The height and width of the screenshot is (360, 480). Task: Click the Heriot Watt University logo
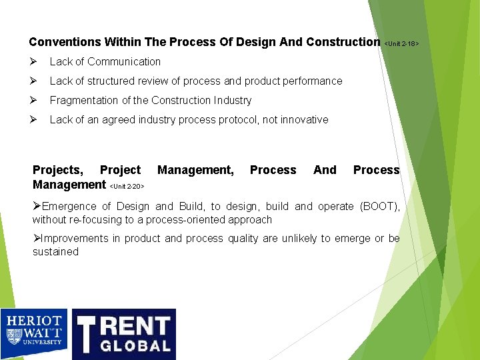tap(34, 333)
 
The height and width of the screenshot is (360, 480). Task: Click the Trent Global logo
tap(124, 333)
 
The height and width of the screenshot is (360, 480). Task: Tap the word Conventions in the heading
tap(65, 42)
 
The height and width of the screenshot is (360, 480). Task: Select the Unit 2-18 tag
tap(401, 44)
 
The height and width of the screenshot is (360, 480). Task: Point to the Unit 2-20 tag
tap(127, 187)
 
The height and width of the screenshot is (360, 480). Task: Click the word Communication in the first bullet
tap(124, 61)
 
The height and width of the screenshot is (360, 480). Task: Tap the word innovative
tap(305, 119)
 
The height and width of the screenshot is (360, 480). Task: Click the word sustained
tap(55, 251)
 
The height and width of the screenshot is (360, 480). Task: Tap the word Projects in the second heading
tap(58, 170)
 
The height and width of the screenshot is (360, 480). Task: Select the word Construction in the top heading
tap(343, 42)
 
